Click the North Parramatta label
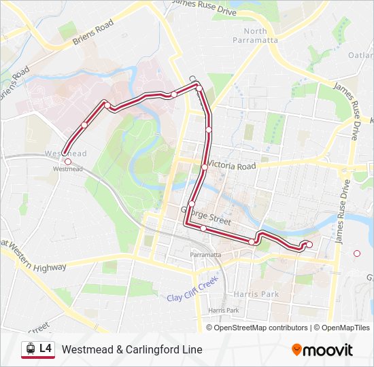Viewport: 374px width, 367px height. coord(256,35)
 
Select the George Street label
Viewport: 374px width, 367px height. coord(206,217)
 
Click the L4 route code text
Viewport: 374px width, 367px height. coord(46,349)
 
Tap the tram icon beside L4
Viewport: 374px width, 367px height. coord(30,349)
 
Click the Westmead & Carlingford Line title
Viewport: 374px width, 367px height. coord(132,349)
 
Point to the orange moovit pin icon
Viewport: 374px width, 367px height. coord(296,350)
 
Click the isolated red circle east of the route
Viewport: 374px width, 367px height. coord(357,254)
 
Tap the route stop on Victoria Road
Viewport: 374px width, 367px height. coord(204,167)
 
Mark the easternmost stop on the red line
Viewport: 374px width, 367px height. coord(309,245)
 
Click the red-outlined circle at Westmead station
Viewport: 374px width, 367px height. coord(67,162)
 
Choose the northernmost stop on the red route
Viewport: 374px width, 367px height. coord(199,88)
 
